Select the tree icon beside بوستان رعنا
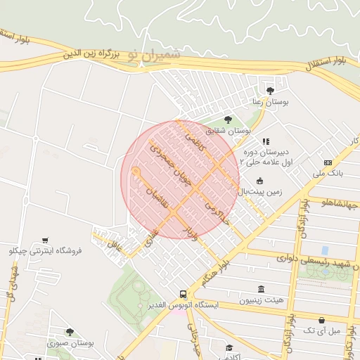click(x=271, y=90)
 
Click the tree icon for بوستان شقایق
click(x=227, y=119)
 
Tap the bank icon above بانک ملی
click(x=328, y=162)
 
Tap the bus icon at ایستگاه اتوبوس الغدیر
click(x=183, y=295)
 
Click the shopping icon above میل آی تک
click(x=322, y=321)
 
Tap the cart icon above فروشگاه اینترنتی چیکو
click(x=45, y=240)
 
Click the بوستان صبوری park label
click(x=71, y=343)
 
